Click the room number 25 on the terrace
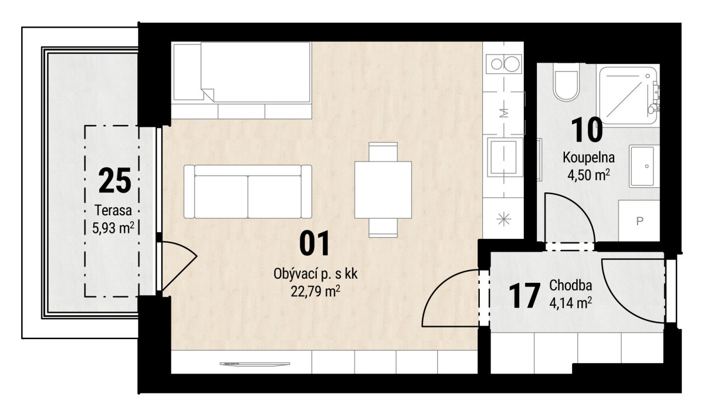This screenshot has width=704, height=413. point(115,180)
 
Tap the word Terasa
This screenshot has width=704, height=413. point(113,211)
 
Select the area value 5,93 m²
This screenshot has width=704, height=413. point(113,228)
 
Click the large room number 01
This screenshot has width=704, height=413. point(314,243)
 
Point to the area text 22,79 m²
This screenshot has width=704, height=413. point(315,292)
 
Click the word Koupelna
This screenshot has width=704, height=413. point(588,158)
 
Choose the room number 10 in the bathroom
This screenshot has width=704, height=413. point(587,130)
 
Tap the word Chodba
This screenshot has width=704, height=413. point(570,285)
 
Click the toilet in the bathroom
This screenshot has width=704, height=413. point(566,83)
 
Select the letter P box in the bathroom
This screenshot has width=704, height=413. point(639,221)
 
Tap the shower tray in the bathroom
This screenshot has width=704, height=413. point(628,95)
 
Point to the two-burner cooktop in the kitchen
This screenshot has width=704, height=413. point(503,64)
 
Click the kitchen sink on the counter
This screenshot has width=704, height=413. point(503,157)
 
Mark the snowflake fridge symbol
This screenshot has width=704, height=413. point(503,219)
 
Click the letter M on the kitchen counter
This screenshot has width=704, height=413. point(504,113)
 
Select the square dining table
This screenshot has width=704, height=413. point(383,190)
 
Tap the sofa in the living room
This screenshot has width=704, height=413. point(248,191)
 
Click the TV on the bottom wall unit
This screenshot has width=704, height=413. point(255,364)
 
